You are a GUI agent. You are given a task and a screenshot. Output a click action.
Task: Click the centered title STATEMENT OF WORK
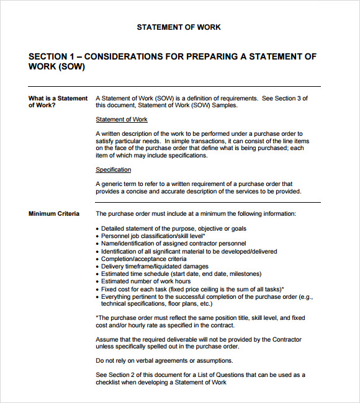coord(179,27)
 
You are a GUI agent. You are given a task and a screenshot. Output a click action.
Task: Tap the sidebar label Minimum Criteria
coord(54,214)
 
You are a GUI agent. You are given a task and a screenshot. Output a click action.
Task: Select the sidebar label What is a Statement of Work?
coord(58,102)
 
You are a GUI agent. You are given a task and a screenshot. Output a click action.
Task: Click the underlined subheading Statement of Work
coord(122,120)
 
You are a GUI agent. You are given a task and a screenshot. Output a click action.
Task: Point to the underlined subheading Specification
coord(114,170)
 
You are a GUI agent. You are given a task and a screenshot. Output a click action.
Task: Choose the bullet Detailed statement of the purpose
coord(165,229)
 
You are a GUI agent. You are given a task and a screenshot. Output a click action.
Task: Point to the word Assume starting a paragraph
coord(107,340)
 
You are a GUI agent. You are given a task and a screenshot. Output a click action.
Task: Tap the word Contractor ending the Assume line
coord(287,340)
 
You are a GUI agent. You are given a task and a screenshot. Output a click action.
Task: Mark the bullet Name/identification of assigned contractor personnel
coord(173,244)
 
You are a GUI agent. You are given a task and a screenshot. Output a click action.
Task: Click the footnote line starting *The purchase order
coord(200,318)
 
